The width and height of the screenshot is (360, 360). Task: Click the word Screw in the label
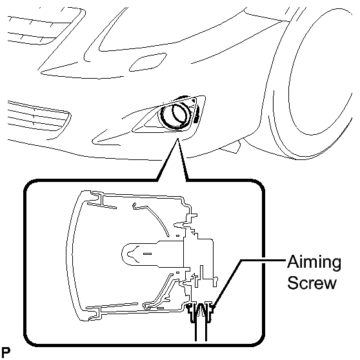tap(312, 283)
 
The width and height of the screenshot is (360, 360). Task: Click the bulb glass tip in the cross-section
tap(126, 254)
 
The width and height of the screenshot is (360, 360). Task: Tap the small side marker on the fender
tap(148, 62)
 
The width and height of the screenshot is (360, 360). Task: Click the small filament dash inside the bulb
tap(147, 254)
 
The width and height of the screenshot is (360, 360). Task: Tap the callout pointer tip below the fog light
tap(177, 139)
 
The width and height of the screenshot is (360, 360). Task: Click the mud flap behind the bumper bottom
tap(231, 147)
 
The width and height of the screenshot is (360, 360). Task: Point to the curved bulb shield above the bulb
tap(152, 218)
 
